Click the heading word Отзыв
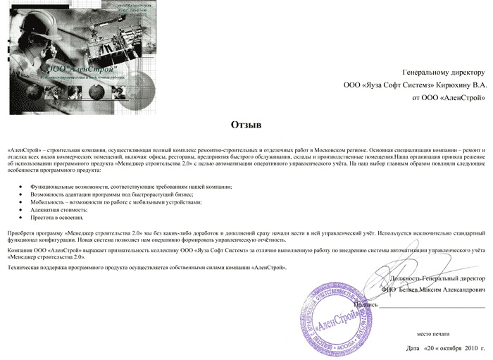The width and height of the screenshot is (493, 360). [x=246, y=125]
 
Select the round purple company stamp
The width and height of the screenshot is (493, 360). [x=337, y=318]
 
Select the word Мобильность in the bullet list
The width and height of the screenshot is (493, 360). [x=46, y=201]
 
